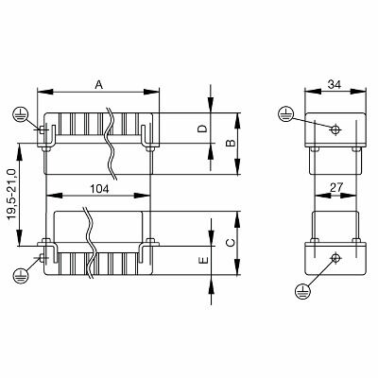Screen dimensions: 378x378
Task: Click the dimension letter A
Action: [99, 84]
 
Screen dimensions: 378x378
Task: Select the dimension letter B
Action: [228, 144]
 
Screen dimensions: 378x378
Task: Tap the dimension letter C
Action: [228, 242]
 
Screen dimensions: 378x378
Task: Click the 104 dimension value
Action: [98, 189]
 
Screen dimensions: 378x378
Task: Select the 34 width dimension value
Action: [334, 84]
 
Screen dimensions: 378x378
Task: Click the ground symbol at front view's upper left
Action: [18, 113]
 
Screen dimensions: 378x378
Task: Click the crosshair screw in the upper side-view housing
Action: [334, 129]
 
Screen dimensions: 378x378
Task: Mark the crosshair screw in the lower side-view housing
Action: [334, 257]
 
